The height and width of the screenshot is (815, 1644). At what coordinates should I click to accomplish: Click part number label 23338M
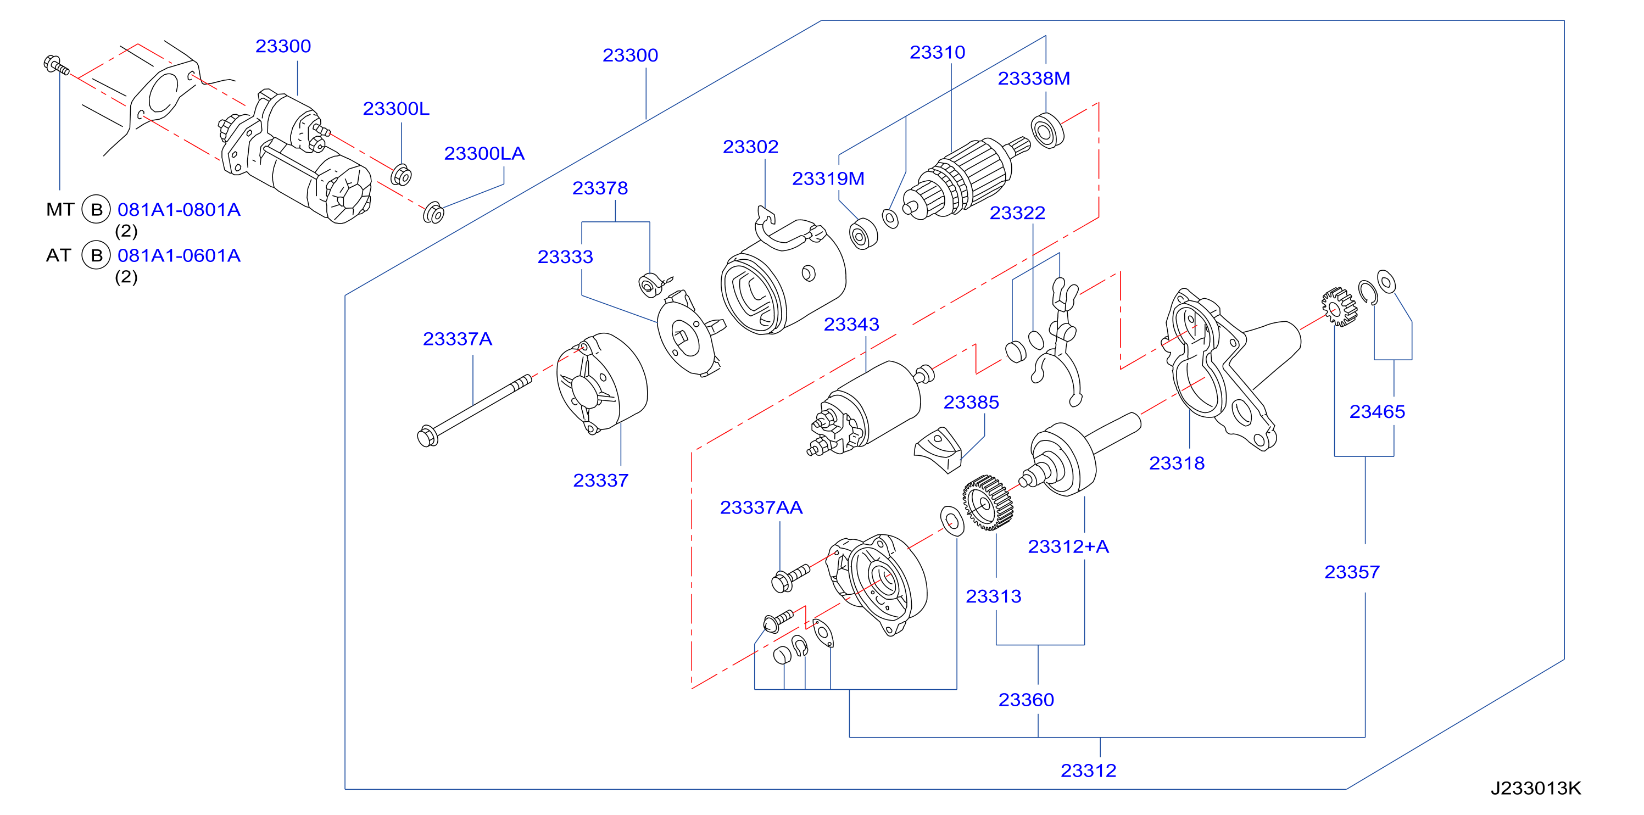[1033, 79]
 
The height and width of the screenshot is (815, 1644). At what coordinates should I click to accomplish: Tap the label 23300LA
[484, 154]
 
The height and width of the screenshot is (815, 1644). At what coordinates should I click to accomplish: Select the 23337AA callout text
[761, 508]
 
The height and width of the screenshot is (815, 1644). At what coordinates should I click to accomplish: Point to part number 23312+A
[1068, 547]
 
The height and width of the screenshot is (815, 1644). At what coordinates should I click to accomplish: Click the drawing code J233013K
[1535, 789]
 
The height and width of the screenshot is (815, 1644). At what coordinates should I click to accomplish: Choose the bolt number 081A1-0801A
[179, 210]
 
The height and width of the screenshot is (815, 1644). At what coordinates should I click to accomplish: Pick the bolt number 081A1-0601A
[179, 256]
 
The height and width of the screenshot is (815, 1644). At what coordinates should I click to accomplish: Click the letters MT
[60, 210]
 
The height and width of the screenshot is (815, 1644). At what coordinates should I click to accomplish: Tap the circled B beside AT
[96, 256]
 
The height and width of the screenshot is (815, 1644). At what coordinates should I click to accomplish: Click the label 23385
[971, 403]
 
